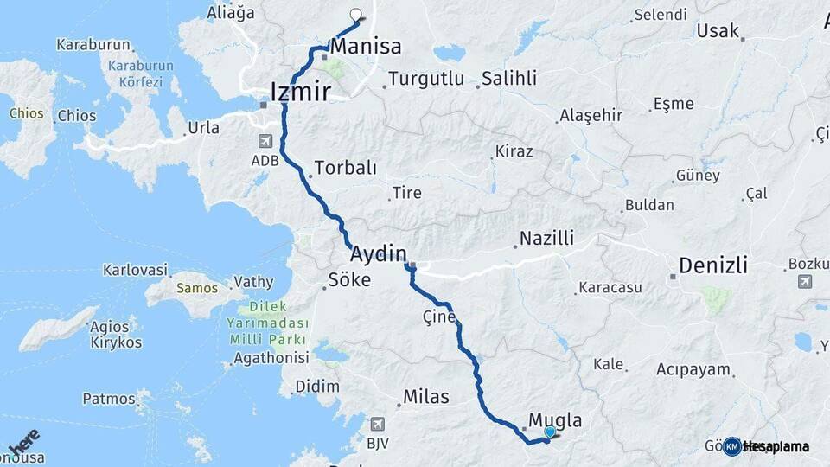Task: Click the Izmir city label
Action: [x=300, y=90]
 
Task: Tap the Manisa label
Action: [x=366, y=46]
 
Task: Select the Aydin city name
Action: [x=378, y=253]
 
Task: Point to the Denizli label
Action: [x=713, y=265]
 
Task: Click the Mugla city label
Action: [x=554, y=421]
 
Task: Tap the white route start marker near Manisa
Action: [x=355, y=14]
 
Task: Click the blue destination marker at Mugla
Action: [x=550, y=432]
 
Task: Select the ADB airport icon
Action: [x=265, y=141]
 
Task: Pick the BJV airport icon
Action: [x=377, y=424]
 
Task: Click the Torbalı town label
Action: [x=345, y=168]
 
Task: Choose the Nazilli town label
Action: [x=546, y=238]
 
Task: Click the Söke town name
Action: [x=349, y=280]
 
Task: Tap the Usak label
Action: [x=717, y=30]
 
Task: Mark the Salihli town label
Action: [x=509, y=79]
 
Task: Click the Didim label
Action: [x=316, y=386]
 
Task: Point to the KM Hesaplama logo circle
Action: [x=732, y=446]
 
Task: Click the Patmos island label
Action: [x=109, y=399]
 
